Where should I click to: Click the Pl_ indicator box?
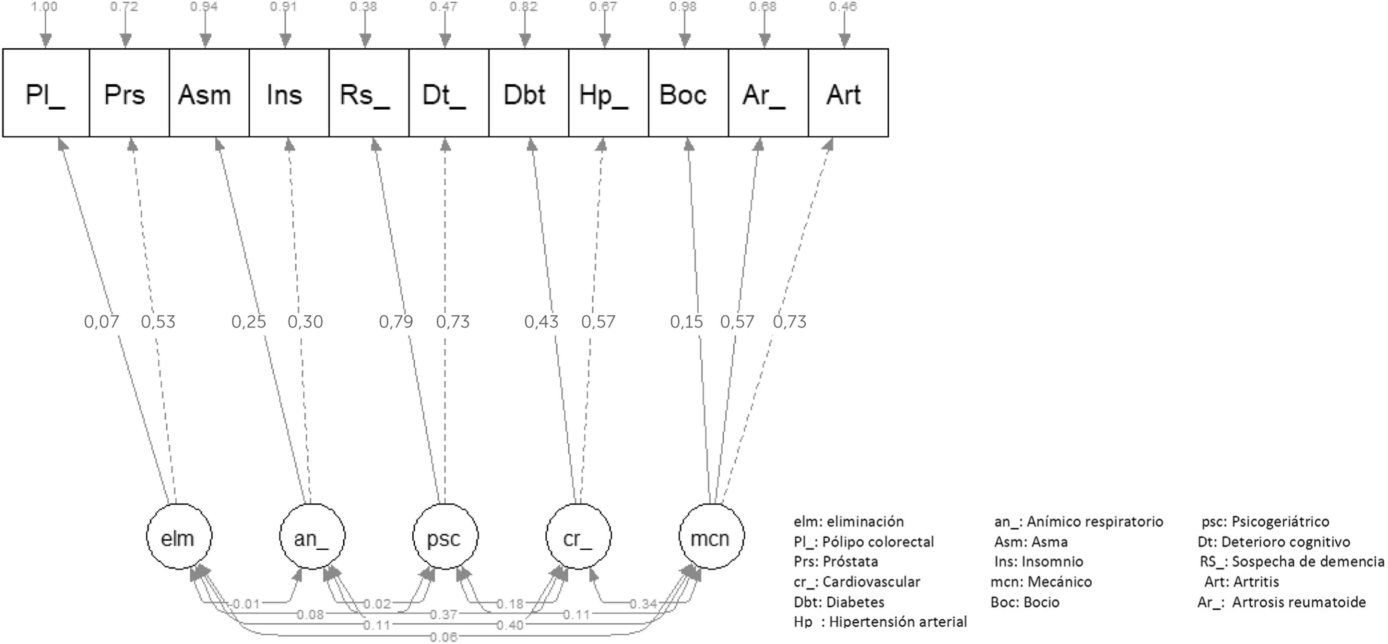(x=46, y=93)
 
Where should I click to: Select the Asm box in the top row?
(x=205, y=93)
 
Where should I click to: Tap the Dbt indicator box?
(x=524, y=93)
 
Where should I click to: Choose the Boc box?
(x=683, y=93)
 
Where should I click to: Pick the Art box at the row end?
(x=844, y=93)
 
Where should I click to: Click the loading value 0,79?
(x=396, y=321)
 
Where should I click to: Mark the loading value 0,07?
(x=101, y=321)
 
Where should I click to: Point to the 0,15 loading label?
(x=686, y=321)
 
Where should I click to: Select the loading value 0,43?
(x=541, y=321)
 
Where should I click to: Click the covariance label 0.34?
(x=643, y=603)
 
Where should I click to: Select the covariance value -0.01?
(x=246, y=603)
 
